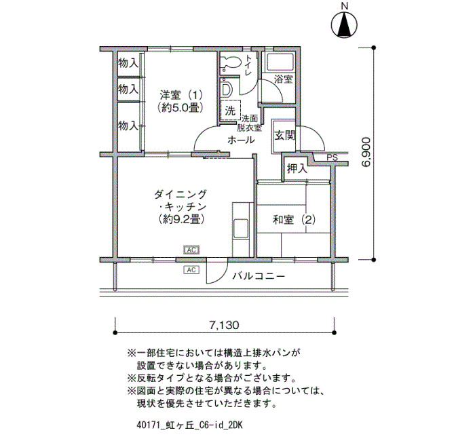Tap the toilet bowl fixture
coord(231,63)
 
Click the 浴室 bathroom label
coord(283,79)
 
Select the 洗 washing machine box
coord(230,111)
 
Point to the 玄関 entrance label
coord(284,136)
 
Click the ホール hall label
coord(241,140)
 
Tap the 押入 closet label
coord(297,169)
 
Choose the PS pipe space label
coord(332,158)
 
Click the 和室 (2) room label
coord(294,220)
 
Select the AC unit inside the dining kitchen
coord(191,250)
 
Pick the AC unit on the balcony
coord(191,269)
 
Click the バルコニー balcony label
coord(259,276)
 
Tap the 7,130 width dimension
coord(224,325)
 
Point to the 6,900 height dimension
coord(366,152)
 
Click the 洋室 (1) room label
coord(181,96)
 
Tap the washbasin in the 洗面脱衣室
coord(227,90)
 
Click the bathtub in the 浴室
coord(279,62)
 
